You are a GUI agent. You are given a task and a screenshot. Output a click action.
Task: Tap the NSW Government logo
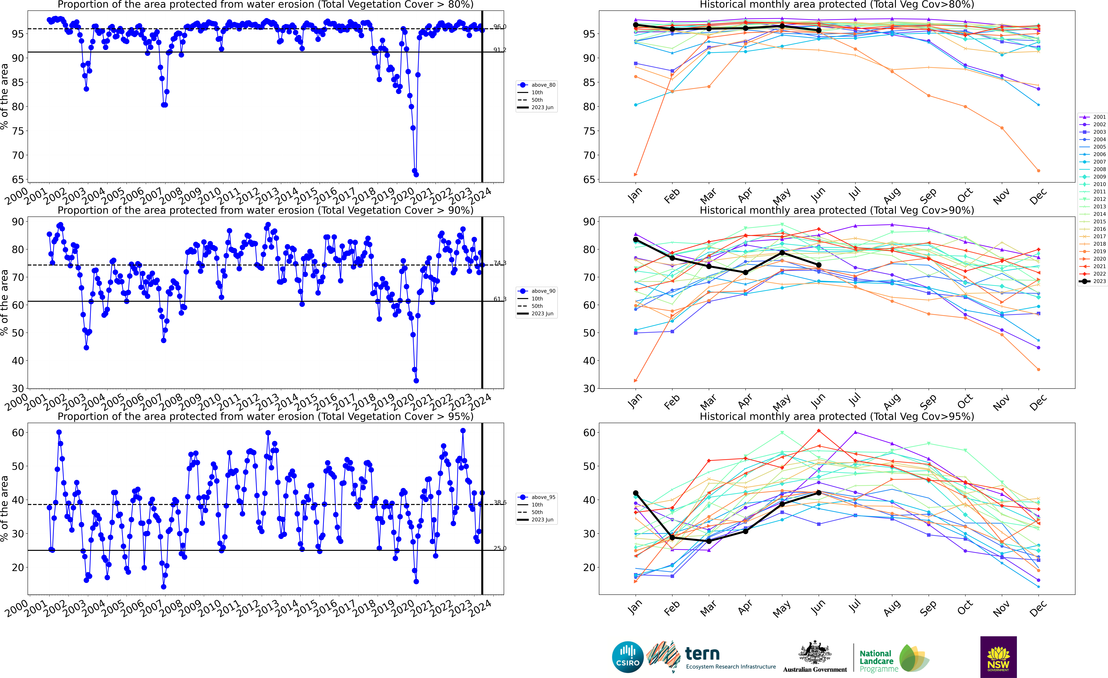[x=998, y=657]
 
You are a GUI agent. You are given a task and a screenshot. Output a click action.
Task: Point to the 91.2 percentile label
[x=500, y=50]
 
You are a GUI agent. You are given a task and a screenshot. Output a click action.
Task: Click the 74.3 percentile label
[x=500, y=263]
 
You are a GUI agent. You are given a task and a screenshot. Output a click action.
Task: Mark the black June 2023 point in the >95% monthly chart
[x=818, y=493]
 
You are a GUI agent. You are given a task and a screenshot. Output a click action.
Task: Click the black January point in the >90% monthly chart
[x=635, y=240]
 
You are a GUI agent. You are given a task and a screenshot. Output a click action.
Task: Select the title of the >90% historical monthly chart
[x=837, y=210]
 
